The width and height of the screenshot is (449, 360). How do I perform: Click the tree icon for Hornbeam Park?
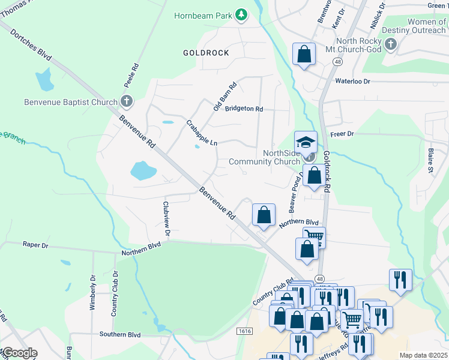[x=241, y=14]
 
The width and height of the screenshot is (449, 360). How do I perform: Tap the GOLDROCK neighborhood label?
[x=206, y=53]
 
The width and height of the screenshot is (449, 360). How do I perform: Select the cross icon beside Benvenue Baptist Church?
[x=126, y=101]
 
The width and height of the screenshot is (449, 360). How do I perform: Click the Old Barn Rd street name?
[x=226, y=96]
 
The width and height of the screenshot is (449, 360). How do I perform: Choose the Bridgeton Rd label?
[x=244, y=109]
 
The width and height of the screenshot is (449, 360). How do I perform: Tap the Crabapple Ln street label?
[x=202, y=133]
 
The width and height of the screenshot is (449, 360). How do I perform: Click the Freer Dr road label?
[x=342, y=133]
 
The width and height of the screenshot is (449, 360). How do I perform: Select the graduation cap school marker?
[x=306, y=142]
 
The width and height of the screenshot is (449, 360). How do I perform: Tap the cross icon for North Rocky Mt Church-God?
[x=391, y=44]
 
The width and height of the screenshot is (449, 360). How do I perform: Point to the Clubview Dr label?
[x=167, y=218]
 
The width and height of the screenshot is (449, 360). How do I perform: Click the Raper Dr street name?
[x=35, y=244]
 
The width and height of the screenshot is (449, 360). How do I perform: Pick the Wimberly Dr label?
[x=93, y=293]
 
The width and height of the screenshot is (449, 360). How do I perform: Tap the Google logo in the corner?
[x=19, y=353]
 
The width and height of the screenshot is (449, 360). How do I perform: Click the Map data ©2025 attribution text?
[x=423, y=355]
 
